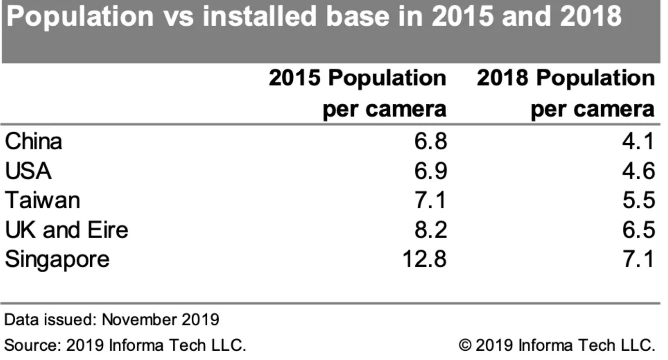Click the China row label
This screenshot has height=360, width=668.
(33, 141)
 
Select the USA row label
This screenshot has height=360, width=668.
(28, 171)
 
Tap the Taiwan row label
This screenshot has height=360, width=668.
(43, 200)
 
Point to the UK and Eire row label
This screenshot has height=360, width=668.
(67, 230)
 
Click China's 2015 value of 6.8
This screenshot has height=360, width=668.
(431, 141)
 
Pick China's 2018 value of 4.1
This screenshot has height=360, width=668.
(639, 141)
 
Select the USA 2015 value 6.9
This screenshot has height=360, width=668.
(431, 171)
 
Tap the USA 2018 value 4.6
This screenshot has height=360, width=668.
(639, 171)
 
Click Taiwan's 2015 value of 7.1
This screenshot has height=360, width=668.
(431, 200)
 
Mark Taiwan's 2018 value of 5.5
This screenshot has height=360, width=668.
(639, 200)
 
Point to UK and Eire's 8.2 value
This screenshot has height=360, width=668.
(431, 230)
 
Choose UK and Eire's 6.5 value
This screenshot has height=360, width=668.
(639, 230)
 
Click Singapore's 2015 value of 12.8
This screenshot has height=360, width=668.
(425, 259)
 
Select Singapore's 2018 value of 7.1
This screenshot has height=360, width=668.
(639, 259)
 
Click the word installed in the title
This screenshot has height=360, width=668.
(259, 16)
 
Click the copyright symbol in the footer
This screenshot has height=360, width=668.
(465, 345)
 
